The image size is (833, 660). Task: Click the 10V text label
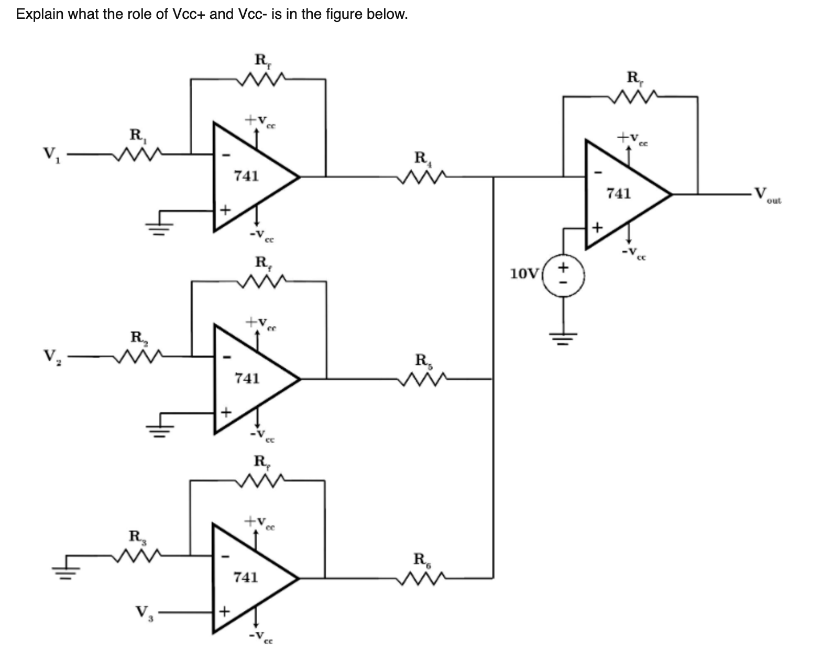(x=524, y=274)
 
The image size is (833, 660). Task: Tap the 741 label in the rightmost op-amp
(x=618, y=194)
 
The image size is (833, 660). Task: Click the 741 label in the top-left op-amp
(x=246, y=175)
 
